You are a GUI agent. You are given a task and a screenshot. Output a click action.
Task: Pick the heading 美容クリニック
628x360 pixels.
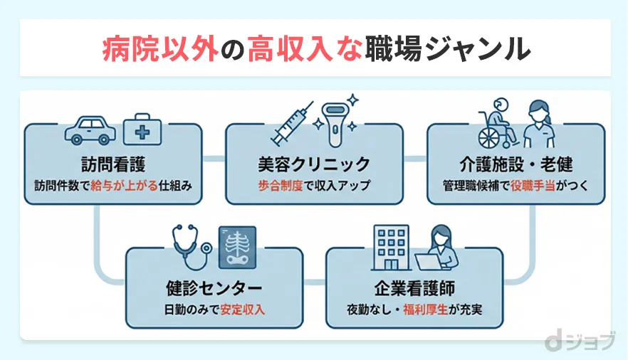coord(314,165)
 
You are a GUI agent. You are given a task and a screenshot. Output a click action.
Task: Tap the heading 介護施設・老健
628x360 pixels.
coord(515,165)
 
